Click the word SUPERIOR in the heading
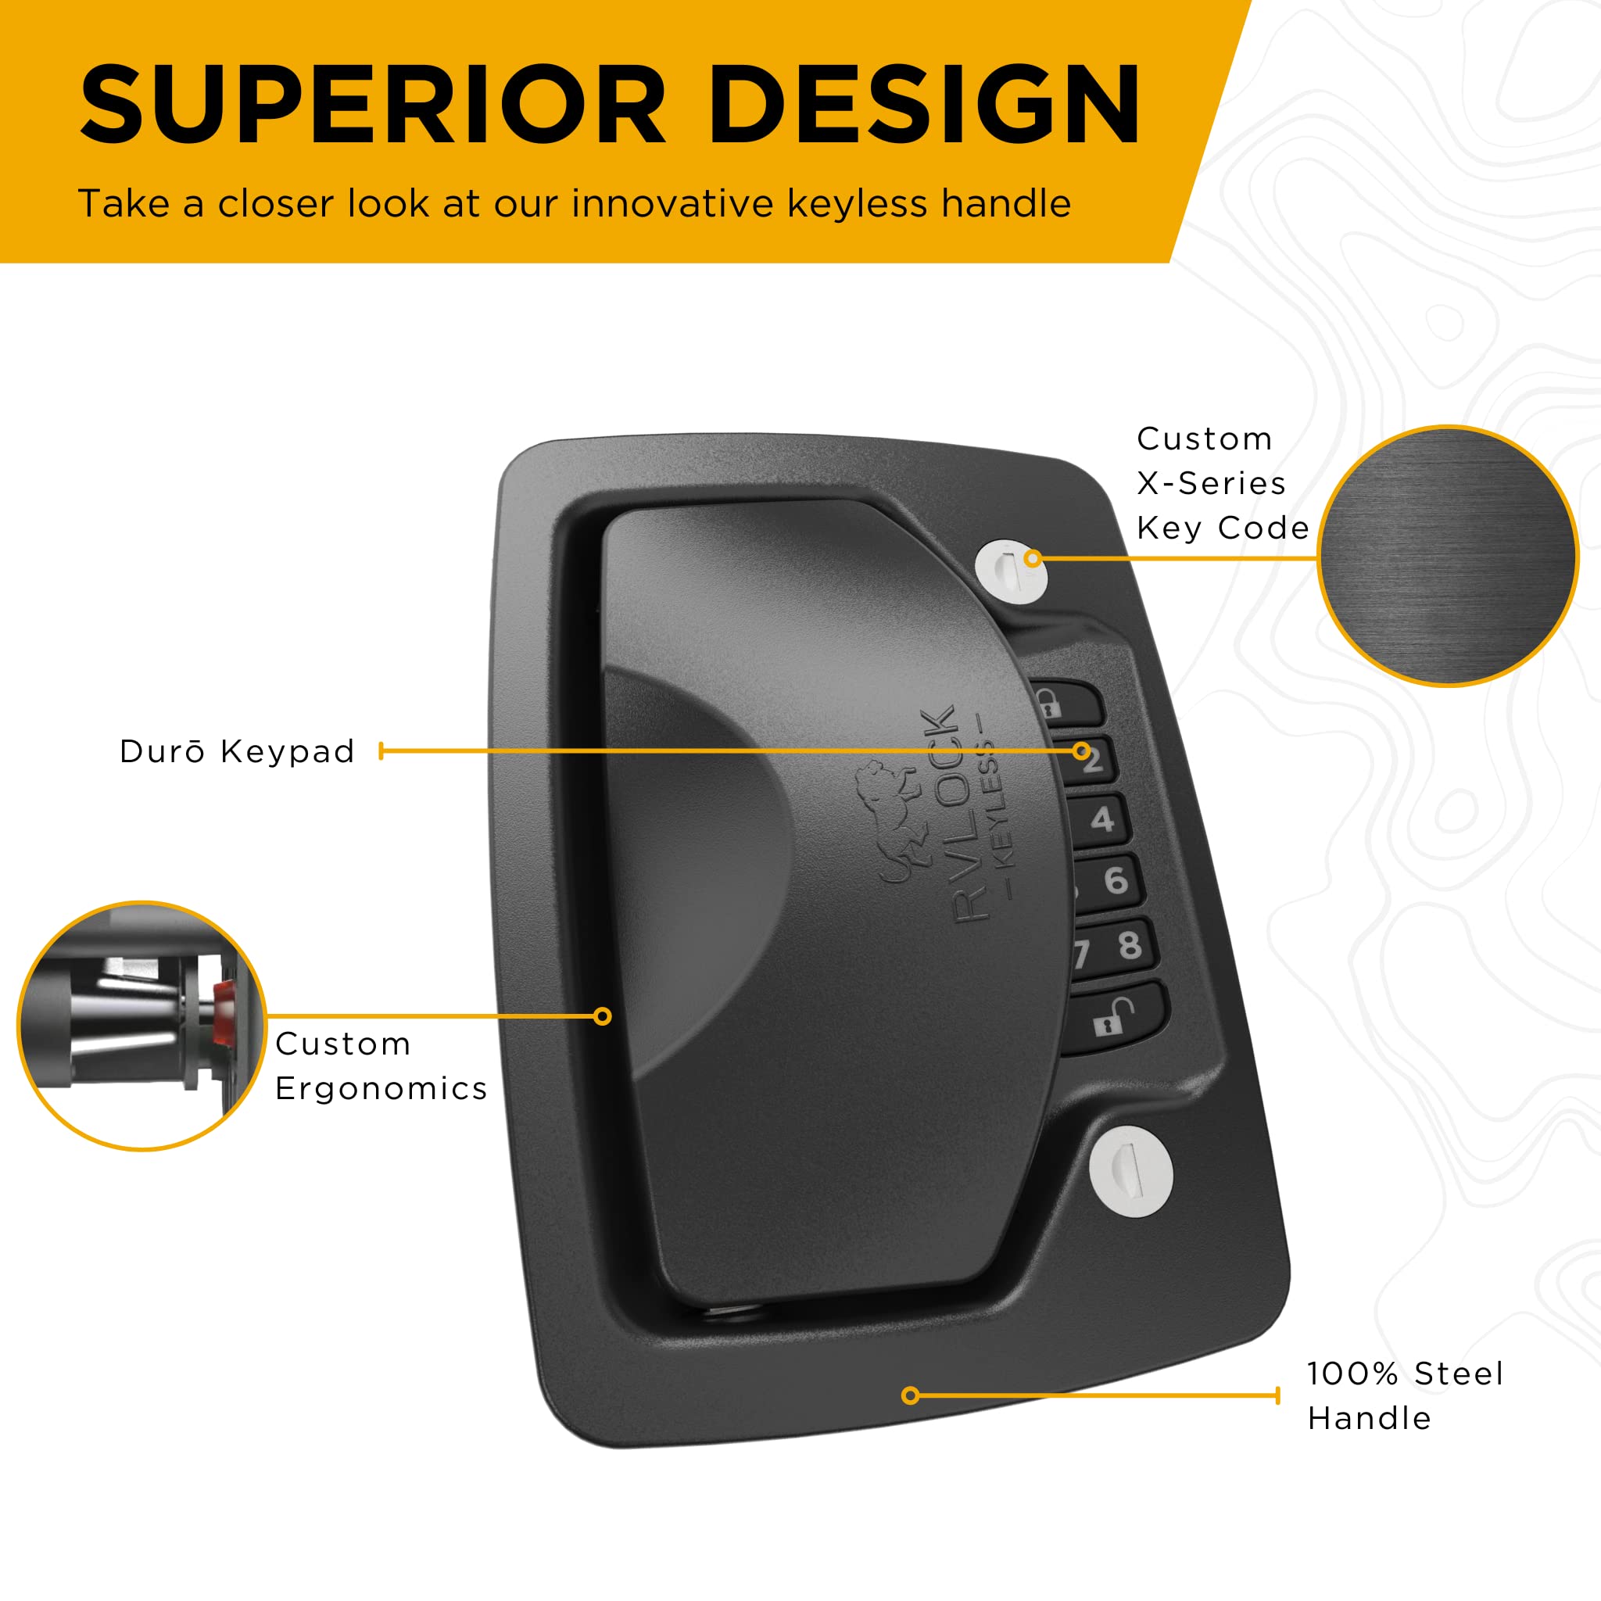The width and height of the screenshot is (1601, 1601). click(373, 106)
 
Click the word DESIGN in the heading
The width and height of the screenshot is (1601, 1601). click(924, 106)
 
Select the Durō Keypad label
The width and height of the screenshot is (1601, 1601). click(237, 751)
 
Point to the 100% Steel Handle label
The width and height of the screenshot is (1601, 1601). click(1405, 1395)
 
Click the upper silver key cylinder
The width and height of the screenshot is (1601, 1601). click(1011, 571)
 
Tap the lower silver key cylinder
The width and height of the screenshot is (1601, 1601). click(1130, 1171)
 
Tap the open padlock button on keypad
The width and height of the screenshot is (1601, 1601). click(1116, 1019)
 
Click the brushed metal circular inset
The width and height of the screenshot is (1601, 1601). click(1448, 556)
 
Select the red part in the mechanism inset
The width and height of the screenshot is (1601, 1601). click(222, 1013)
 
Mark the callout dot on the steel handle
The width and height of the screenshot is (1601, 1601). click(910, 1395)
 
